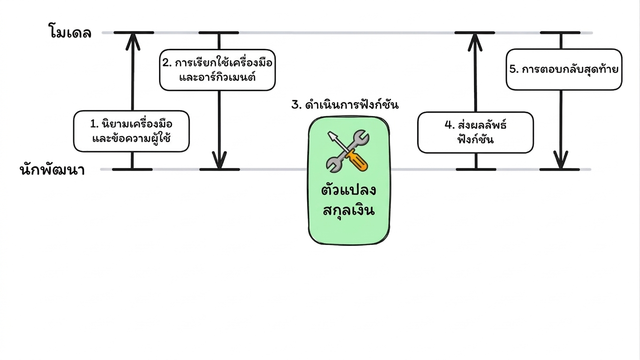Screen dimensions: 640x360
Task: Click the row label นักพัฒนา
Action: click(x=53, y=170)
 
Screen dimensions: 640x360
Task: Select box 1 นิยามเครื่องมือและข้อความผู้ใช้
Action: click(x=131, y=131)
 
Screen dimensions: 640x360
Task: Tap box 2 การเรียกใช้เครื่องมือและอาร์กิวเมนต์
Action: click(x=218, y=70)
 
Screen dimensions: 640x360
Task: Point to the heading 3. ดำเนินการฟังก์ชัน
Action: click(x=345, y=105)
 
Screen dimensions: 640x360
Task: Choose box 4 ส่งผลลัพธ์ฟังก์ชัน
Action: click(x=475, y=133)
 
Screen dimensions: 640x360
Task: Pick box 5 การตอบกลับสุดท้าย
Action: click(x=564, y=69)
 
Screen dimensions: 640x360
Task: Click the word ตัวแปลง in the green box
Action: click(x=348, y=189)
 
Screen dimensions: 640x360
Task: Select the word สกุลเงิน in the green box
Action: click(x=348, y=210)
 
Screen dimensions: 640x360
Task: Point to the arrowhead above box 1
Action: click(x=133, y=42)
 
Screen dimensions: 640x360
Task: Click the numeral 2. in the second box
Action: click(x=167, y=63)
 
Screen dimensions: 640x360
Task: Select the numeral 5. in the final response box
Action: click(x=514, y=69)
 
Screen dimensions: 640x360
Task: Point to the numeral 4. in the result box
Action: click(x=450, y=125)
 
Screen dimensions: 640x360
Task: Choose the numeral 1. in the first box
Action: click(x=95, y=124)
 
